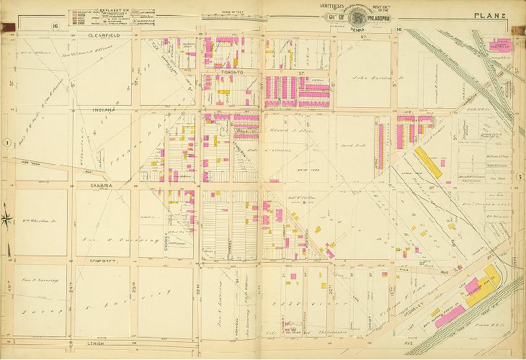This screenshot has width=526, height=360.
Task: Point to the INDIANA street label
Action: tap(106, 109)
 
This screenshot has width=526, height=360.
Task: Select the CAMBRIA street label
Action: tap(99, 184)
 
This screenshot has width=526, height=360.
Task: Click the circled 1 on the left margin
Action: tap(6, 143)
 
